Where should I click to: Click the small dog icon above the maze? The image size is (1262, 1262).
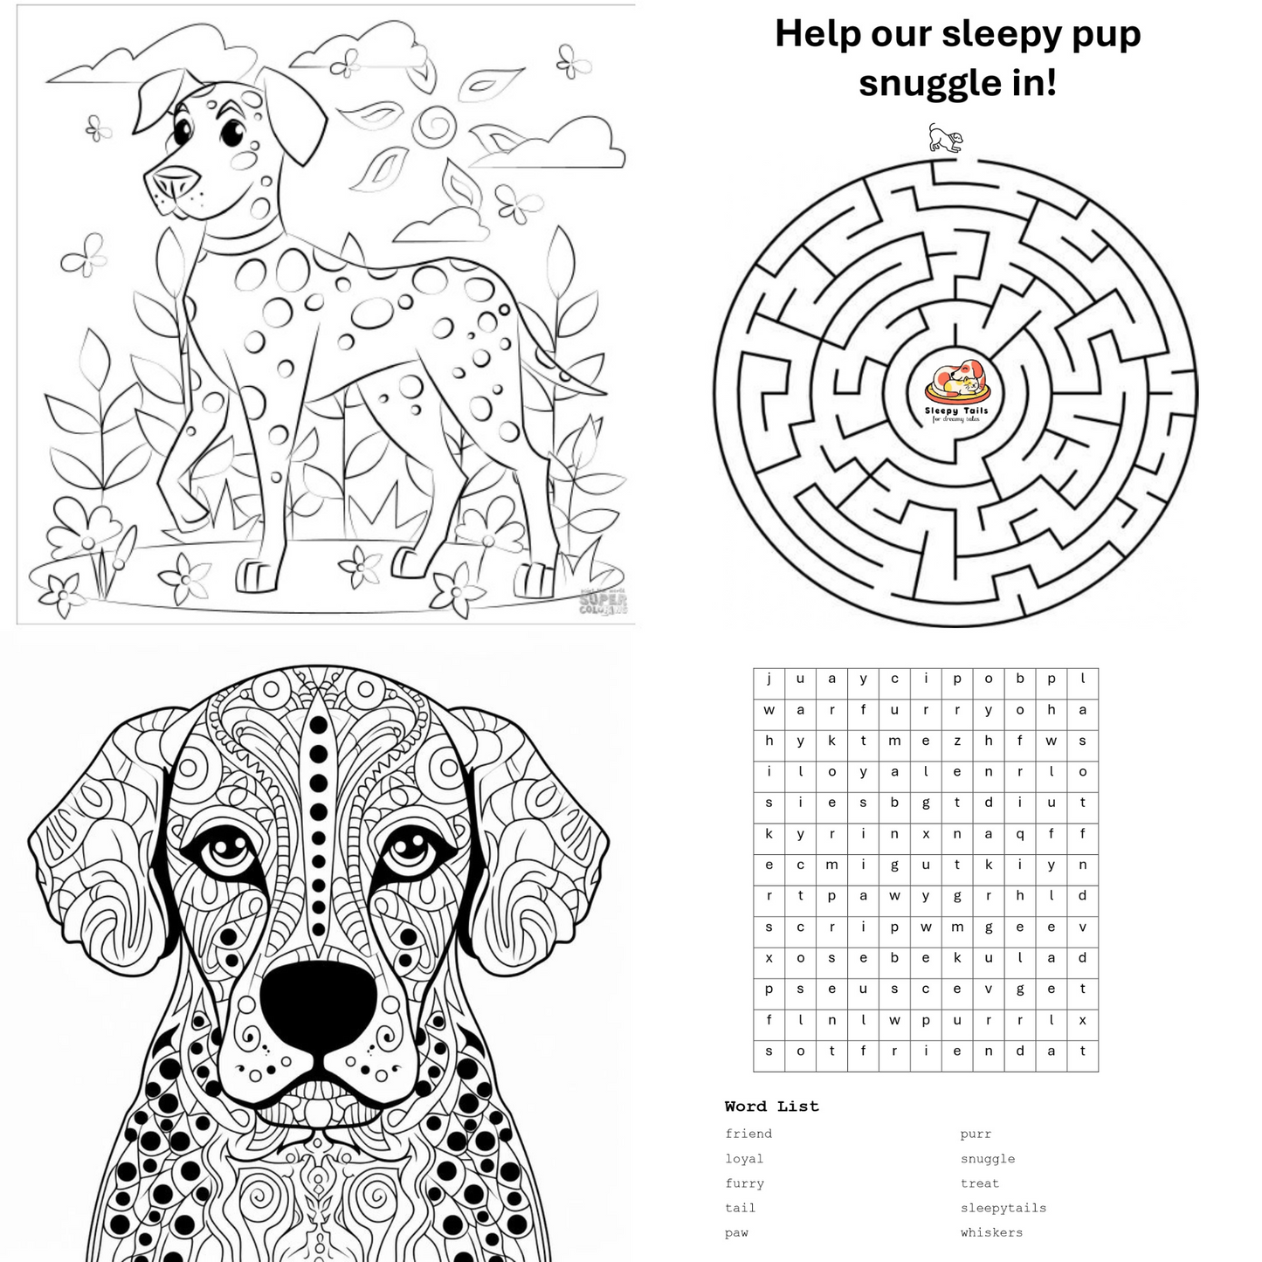point(945,138)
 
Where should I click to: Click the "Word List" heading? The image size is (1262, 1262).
point(771,1107)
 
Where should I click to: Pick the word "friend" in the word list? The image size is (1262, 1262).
point(748,1134)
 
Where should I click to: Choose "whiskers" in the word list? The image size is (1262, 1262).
point(991,1232)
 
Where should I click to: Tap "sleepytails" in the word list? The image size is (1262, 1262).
point(1003,1208)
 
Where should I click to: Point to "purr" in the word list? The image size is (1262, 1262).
point(976,1134)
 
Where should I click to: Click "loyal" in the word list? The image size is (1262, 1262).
point(744,1159)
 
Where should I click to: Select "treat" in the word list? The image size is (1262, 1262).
point(979,1183)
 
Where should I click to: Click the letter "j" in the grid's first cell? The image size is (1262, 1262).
point(769,679)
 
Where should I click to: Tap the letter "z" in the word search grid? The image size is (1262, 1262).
point(957,741)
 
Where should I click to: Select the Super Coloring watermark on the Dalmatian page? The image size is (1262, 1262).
point(603,603)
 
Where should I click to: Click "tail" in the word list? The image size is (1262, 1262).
point(740,1208)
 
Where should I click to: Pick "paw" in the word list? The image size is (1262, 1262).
point(736,1232)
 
